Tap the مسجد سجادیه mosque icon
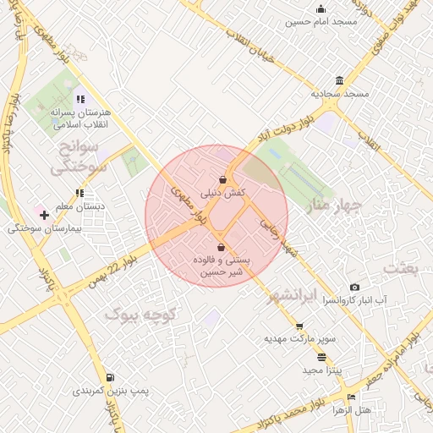pyautogui.click(x=339, y=80)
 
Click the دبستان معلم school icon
pyautogui.click(x=79, y=193)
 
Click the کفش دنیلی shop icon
pyautogui.click(x=222, y=179)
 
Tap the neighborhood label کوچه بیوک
pyautogui.click(x=140, y=315)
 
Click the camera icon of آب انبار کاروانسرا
pyautogui.click(x=354, y=288)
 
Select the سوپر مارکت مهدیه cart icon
pyautogui.click(x=299, y=326)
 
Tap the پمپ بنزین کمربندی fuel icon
pyautogui.click(x=110, y=378)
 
